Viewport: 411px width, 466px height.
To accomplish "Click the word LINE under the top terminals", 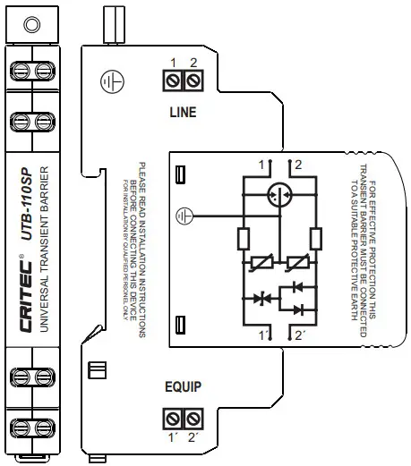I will (183, 113).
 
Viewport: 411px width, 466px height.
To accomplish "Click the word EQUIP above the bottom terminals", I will (183, 388).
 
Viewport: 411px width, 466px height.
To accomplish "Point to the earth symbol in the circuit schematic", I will (185, 216).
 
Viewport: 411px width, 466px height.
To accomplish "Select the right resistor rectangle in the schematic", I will (315, 238).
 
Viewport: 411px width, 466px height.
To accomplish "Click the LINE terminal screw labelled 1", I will (176, 83).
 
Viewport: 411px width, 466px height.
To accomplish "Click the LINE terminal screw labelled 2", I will (192, 83).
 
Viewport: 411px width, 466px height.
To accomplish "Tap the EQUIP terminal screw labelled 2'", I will (192, 418).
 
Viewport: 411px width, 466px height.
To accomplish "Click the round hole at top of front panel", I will (30, 24).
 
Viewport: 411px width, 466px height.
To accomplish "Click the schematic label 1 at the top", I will (261, 165).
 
